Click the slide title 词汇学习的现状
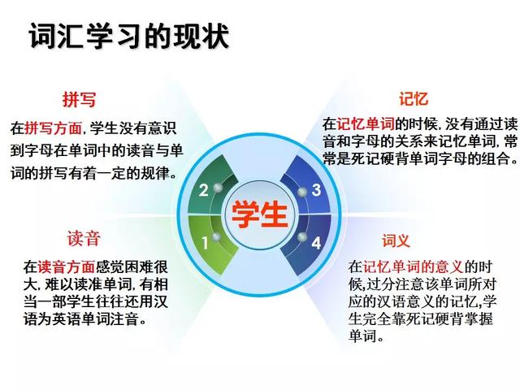[x=128, y=36]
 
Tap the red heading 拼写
[x=80, y=99]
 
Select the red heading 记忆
[x=414, y=99]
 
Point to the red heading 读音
[x=84, y=238]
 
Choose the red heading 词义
[x=396, y=240]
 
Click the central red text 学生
[x=260, y=214]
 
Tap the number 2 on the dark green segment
[x=204, y=190]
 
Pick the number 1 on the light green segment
[x=205, y=243]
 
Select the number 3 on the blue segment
[x=316, y=190]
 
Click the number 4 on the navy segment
[x=316, y=243]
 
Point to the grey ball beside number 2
[x=218, y=188]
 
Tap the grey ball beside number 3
[x=302, y=192]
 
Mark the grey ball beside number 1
[x=216, y=236]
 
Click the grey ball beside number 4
[x=302, y=236]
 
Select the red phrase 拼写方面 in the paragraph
[x=53, y=128]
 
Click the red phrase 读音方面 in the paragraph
[x=67, y=267]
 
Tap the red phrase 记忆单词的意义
[x=414, y=266]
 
